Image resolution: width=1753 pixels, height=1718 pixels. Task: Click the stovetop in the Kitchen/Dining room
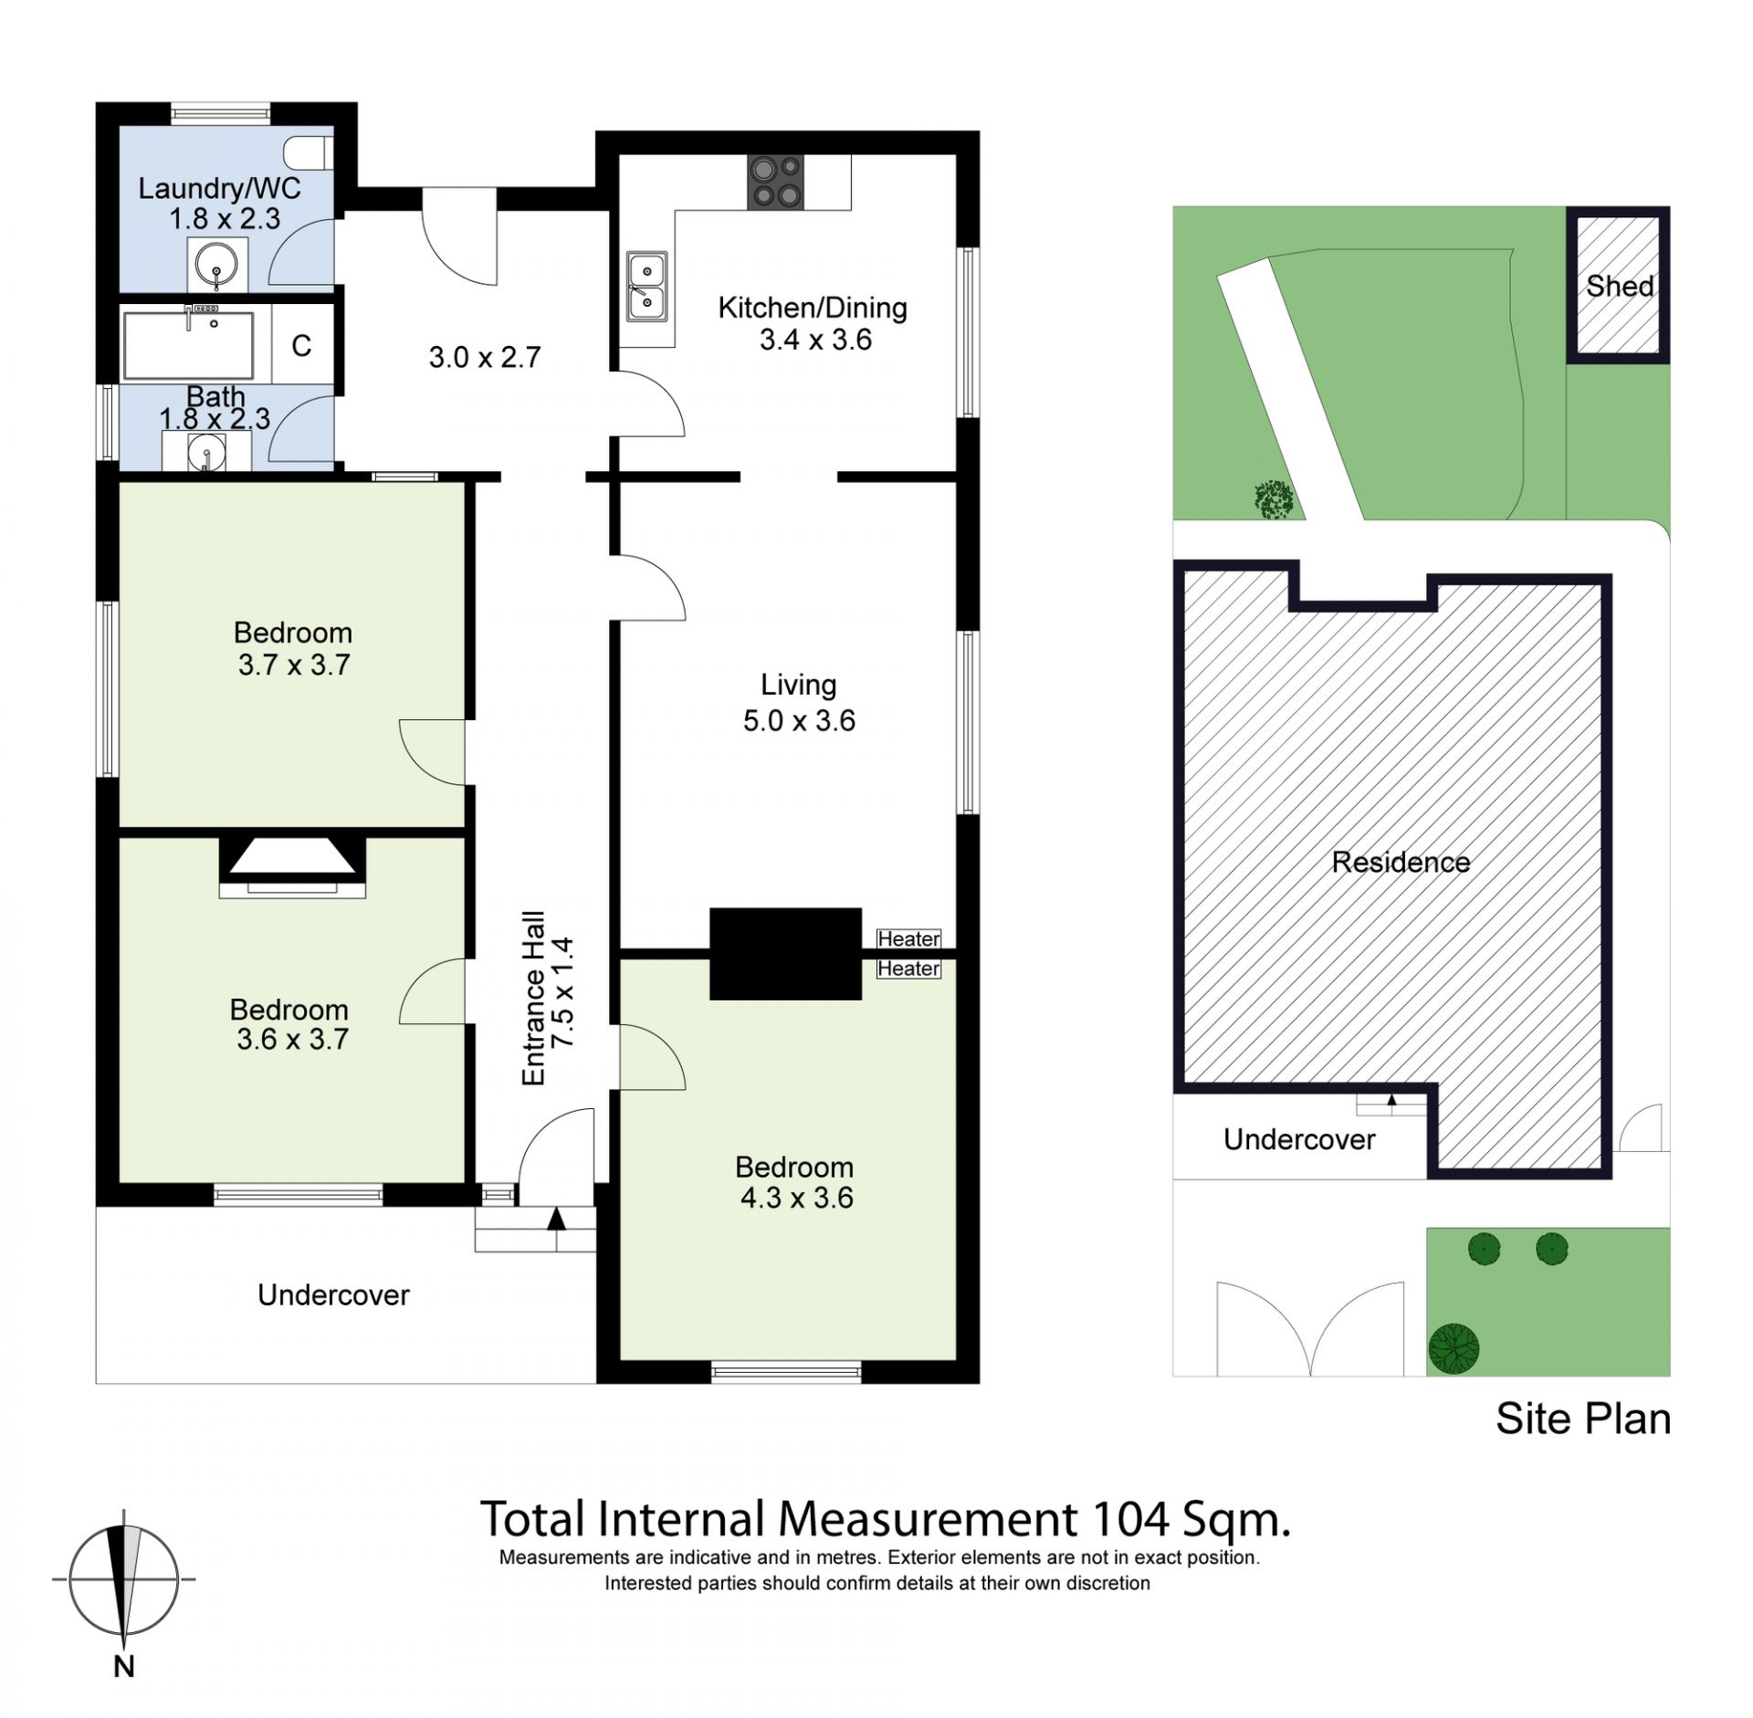click(x=776, y=182)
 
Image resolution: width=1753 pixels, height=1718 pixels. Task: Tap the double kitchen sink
click(x=646, y=286)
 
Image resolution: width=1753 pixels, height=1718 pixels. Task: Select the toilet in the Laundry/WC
click(x=309, y=152)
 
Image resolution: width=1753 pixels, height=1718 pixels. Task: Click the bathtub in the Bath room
click(x=188, y=345)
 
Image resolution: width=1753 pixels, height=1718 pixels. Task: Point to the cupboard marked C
click(x=302, y=345)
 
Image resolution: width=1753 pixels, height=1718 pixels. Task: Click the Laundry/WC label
click(x=219, y=188)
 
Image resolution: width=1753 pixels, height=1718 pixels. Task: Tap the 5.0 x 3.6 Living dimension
click(x=799, y=720)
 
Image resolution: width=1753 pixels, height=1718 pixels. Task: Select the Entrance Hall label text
click(x=533, y=998)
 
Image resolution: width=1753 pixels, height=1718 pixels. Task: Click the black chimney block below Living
click(x=785, y=953)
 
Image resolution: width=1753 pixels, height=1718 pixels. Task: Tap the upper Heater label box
click(x=908, y=938)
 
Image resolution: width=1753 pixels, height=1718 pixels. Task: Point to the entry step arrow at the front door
click(x=556, y=1218)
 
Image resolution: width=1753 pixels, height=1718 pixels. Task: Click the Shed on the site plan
click(x=1619, y=285)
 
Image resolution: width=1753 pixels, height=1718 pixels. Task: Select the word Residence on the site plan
click(x=1401, y=862)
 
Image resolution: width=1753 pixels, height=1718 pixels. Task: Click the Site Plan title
click(x=1583, y=1419)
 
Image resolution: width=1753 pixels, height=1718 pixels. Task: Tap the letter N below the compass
click(x=124, y=1666)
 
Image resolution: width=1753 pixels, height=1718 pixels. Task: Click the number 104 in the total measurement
click(x=1130, y=1519)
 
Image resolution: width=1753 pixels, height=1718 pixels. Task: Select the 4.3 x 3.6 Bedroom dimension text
click(x=796, y=1197)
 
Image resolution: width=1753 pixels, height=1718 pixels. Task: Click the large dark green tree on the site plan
click(x=1454, y=1347)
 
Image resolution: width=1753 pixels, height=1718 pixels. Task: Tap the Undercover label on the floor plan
click(x=333, y=1294)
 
